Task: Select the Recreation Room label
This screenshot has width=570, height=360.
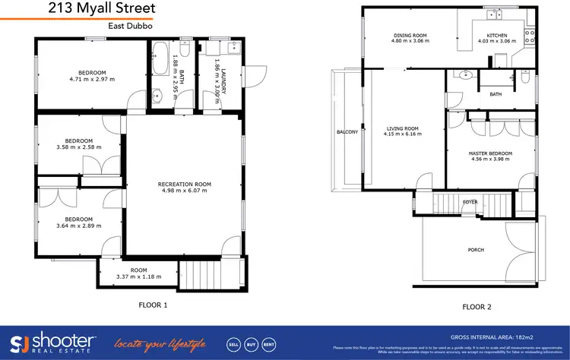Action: (184, 184)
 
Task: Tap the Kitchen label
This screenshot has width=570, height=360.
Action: (496, 35)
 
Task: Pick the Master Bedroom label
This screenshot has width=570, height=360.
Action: (490, 153)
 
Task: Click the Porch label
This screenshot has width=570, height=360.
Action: (476, 250)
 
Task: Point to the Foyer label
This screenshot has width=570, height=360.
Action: (470, 202)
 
